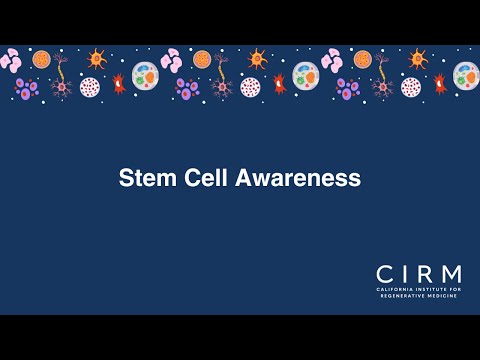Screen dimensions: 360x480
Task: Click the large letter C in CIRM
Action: pos(384,273)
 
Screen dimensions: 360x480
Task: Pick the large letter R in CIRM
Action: pos(424,273)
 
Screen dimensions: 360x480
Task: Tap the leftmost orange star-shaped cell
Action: pos(97,59)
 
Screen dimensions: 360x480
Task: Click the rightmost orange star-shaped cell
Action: pos(418,59)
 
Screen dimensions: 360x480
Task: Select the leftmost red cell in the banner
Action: pos(118,83)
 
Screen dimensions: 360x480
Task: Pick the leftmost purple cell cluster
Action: pos(27,88)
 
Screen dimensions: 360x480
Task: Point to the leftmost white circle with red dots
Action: pos(90,87)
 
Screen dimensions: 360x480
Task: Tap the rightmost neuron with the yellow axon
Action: pos(381,77)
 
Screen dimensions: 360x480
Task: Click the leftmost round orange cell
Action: pos(41,59)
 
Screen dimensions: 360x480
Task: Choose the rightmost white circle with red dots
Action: pos(410,87)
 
